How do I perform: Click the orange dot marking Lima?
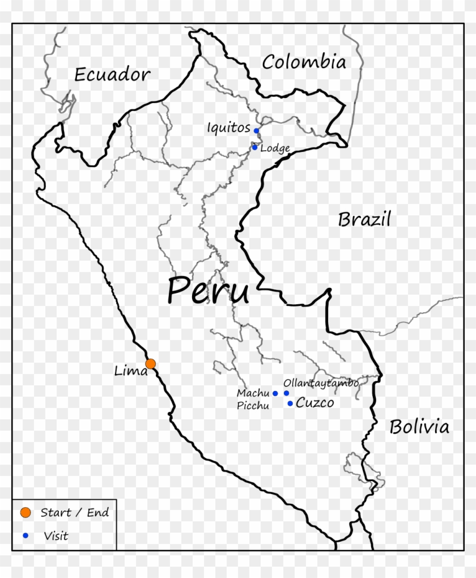[x=150, y=363]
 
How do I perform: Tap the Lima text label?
[x=130, y=372]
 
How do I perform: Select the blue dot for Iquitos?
[x=256, y=130]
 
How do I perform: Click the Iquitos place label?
[x=228, y=127]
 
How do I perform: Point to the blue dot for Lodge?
[x=254, y=147]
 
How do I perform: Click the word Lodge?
[x=275, y=148]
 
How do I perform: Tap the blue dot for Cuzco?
[x=290, y=403]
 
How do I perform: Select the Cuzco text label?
[x=314, y=403]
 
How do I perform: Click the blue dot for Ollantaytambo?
[x=286, y=393]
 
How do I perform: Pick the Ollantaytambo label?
[x=320, y=383]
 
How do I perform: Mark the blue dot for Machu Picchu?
[x=275, y=393]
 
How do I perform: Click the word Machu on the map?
[x=253, y=393]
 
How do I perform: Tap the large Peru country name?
[x=208, y=291]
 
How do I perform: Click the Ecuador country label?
[x=112, y=74]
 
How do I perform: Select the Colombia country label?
[x=304, y=62]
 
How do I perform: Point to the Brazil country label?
[x=364, y=219]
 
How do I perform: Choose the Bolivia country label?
[x=419, y=427]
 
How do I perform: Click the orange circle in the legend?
[x=25, y=512]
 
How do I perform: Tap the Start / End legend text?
[x=74, y=513]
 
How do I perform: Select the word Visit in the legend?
[x=56, y=535]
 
